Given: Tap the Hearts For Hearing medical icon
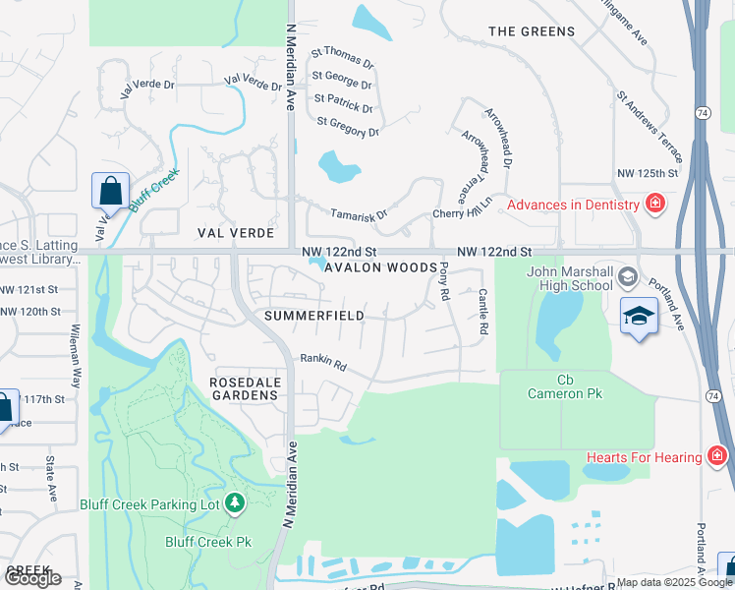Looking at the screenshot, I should [x=718, y=456].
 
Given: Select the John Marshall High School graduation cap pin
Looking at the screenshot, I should [x=639, y=316].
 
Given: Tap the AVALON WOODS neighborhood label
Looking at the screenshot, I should [x=380, y=267].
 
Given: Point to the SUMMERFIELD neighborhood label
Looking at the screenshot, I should [x=314, y=316].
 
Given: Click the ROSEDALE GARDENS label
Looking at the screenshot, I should [x=245, y=387].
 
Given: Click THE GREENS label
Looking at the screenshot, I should [x=532, y=31].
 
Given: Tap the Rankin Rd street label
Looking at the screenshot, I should [x=324, y=363].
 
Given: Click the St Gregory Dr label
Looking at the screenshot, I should [x=348, y=127].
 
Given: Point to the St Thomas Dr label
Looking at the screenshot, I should [x=343, y=58].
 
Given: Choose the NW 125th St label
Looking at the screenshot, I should [x=648, y=173].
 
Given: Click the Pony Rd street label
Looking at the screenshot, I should [x=444, y=281].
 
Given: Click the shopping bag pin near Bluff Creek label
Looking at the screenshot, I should [x=110, y=190].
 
